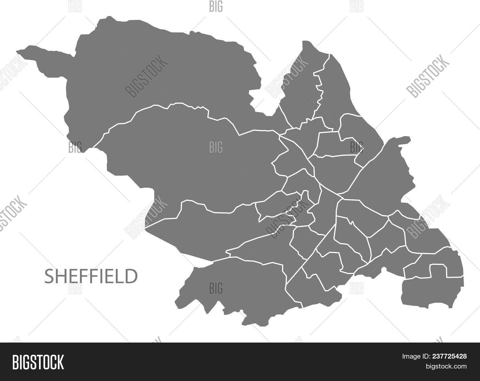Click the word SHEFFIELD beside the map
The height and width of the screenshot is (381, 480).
tap(91, 277)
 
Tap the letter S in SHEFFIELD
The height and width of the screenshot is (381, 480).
tap(49, 277)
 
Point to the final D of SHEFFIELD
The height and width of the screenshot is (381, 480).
tap(132, 277)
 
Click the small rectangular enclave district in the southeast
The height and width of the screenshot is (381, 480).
tap(438, 271)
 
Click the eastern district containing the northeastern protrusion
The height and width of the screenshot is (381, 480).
tap(384, 173)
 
